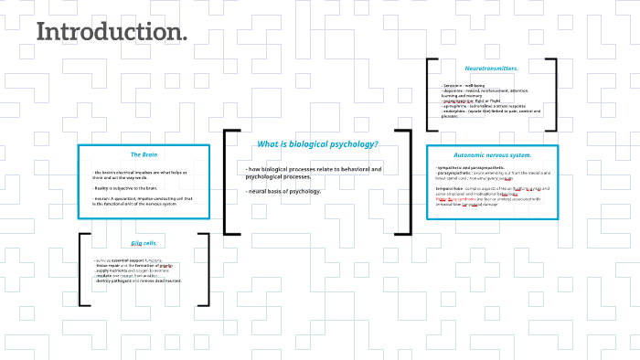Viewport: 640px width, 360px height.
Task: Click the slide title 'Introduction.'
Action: (112, 32)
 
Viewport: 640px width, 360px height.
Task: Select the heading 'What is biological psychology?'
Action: (317, 144)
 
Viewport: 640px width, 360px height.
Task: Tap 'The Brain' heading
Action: (144, 154)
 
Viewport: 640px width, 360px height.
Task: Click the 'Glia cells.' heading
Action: (144, 243)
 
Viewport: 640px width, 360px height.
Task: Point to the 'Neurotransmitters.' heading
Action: (492, 69)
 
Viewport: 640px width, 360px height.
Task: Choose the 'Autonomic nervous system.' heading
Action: (493, 155)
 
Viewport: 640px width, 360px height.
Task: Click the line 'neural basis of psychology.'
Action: (283, 191)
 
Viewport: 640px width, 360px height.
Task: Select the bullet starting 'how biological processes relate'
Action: (313, 173)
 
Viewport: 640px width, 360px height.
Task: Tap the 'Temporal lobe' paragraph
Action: (495, 194)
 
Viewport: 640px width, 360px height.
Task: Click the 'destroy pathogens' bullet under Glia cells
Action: (138, 281)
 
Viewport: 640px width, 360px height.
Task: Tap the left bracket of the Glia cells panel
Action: (82, 270)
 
